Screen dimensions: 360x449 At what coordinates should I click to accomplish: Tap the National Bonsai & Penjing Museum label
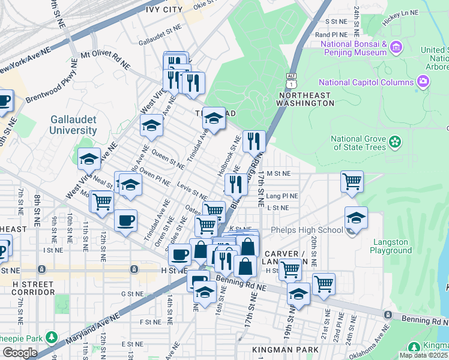coord(353,49)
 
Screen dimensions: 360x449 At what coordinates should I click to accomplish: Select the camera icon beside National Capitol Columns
coord(424,82)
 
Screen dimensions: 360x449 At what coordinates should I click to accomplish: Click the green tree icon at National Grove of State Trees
coord(394,142)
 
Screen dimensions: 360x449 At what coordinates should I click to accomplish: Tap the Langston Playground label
coord(391,247)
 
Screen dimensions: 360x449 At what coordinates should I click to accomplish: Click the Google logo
coord(20,353)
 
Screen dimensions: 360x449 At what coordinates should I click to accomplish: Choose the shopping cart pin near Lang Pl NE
coord(351,181)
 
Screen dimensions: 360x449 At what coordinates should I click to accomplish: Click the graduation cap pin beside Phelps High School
coord(356,219)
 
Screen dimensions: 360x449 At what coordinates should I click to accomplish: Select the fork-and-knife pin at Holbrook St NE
coord(254,143)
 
